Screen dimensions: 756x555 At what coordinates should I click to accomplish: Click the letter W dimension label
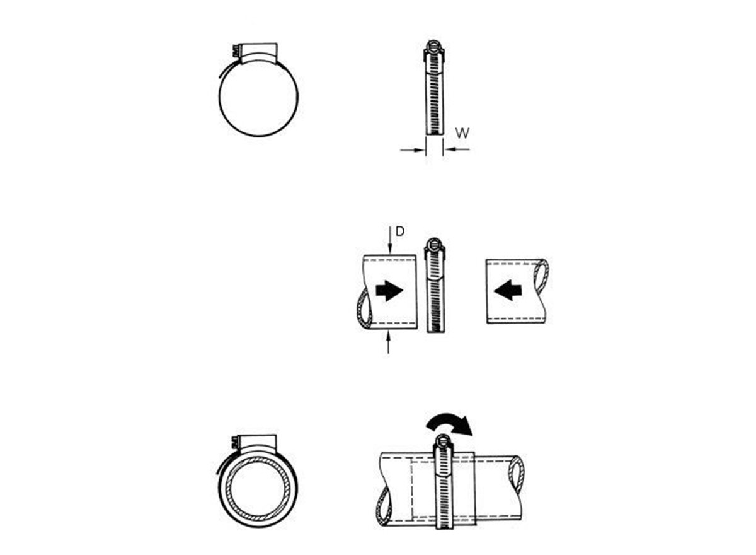pos(462,133)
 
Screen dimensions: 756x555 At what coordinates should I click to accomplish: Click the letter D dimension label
pos(400,231)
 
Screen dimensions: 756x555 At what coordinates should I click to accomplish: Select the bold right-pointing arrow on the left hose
pos(389,290)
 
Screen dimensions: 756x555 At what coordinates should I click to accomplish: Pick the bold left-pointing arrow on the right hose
pos(508,290)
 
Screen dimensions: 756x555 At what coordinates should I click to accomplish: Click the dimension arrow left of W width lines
pos(412,149)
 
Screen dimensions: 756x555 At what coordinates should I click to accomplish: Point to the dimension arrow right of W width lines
pos(457,149)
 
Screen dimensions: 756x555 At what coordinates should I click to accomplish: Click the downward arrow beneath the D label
pos(390,240)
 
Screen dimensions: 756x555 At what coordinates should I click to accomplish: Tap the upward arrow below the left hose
pos(389,343)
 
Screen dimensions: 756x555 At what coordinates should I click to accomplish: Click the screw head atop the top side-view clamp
pos(434,46)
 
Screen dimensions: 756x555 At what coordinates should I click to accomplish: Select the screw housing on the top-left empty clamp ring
pos(258,54)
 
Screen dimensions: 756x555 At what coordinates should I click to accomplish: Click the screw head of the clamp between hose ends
pos(434,244)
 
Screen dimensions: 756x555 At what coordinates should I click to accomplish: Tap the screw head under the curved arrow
pos(442,441)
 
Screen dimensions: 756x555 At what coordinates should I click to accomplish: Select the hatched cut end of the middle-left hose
pos(365,311)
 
